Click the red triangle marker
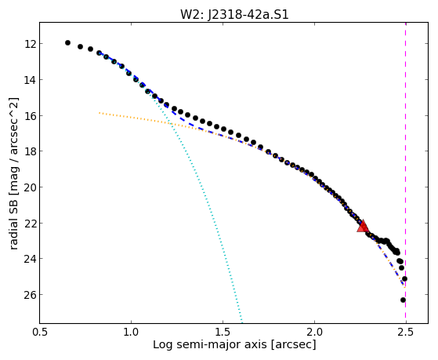[363, 226]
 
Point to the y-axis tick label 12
[30, 44]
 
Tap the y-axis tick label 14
[30, 80]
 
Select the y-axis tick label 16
[30, 116]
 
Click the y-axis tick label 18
[30, 151]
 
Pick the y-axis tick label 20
[30, 187]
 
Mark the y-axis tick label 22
[30, 224]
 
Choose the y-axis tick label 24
[30, 259]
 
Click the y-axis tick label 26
[30, 295]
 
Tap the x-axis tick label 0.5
[40, 332]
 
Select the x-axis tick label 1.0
[131, 332]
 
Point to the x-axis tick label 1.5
[223, 332]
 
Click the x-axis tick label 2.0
[314, 332]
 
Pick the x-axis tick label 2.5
[406, 332]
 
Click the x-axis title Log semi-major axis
[210, 344]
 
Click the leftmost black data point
[67, 43]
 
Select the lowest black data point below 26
[403, 300]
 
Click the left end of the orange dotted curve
[100, 113]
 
